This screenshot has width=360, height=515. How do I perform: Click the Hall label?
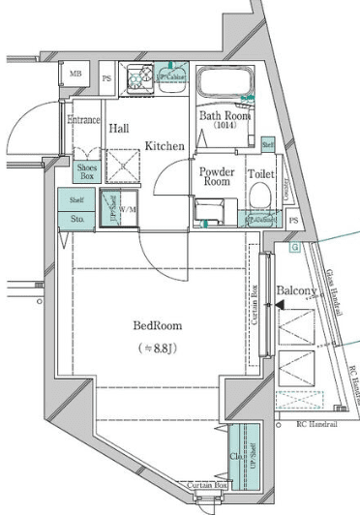click(x=119, y=128)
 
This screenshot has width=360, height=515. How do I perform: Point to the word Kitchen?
click(x=165, y=145)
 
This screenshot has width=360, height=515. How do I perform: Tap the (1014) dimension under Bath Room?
click(x=225, y=127)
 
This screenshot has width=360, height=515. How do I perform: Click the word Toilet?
click(x=262, y=174)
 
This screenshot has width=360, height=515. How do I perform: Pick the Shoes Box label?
click(x=87, y=171)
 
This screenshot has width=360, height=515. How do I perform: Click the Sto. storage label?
click(x=77, y=220)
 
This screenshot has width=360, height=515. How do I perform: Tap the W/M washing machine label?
click(x=129, y=207)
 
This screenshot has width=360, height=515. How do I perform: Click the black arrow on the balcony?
click(x=279, y=305)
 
